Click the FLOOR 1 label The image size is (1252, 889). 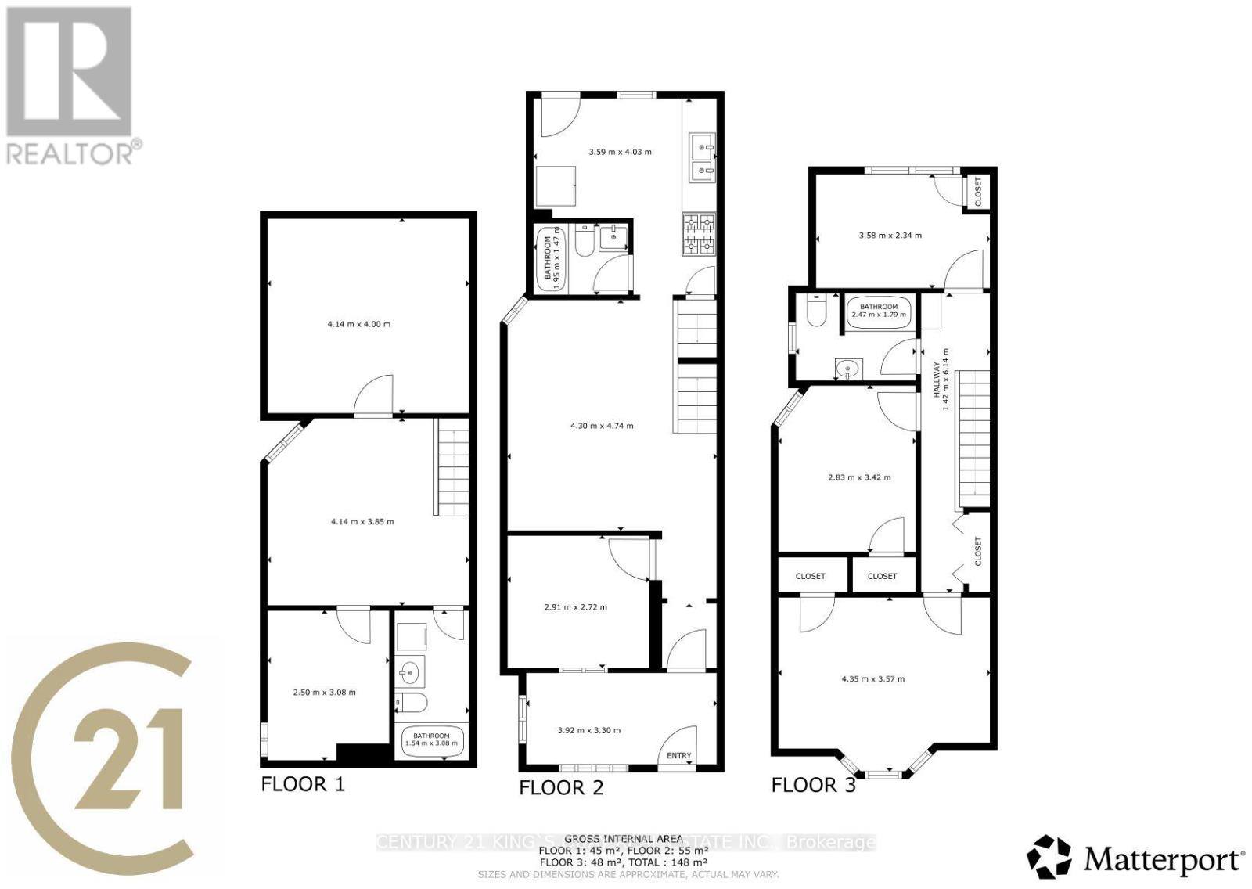[x=302, y=784]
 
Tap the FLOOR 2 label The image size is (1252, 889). [x=561, y=787]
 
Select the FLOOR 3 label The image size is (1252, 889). [x=813, y=785]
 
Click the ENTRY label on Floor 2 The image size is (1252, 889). [x=679, y=756]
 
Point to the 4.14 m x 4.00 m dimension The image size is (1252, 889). [x=359, y=324]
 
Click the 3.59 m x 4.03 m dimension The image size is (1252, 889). [x=620, y=152]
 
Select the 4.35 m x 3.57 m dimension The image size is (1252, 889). [x=872, y=679]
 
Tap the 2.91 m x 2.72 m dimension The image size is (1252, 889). [x=575, y=606]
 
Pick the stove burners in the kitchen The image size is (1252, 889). [x=700, y=235]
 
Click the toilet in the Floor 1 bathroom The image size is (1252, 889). [x=412, y=704]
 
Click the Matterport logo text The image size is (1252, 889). [x=1164, y=859]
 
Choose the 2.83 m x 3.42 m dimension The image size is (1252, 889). [x=858, y=477]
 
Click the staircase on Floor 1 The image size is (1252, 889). [x=452, y=467]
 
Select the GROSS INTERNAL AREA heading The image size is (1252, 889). [x=623, y=839]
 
